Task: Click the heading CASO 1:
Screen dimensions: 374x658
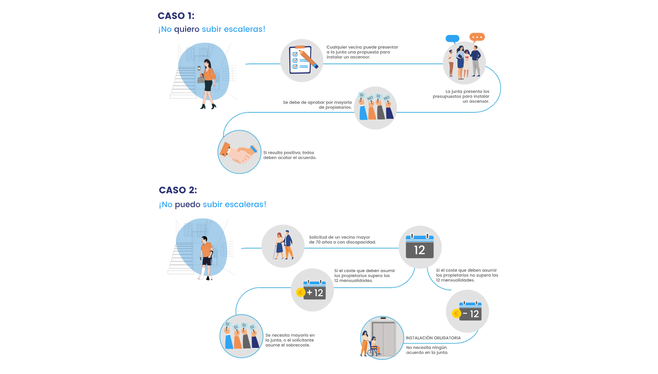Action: pyautogui.click(x=176, y=16)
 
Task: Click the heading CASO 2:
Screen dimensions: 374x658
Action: pyautogui.click(x=178, y=190)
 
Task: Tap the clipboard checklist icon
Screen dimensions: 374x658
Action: pyautogui.click(x=302, y=61)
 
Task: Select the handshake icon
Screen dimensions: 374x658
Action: pyautogui.click(x=240, y=152)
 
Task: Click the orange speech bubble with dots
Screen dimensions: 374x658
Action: pyautogui.click(x=477, y=37)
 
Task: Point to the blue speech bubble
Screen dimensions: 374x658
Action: pyautogui.click(x=453, y=39)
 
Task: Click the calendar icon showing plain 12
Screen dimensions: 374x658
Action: pyautogui.click(x=420, y=247)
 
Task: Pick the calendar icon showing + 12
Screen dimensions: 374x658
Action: pyautogui.click(x=315, y=290)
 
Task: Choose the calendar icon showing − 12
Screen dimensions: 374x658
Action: pyautogui.click(x=470, y=311)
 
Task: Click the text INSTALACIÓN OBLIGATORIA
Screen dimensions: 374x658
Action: pyautogui.click(x=433, y=338)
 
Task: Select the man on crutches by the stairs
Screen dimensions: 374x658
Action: pyautogui.click(x=206, y=257)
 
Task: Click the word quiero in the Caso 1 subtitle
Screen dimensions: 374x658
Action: pyautogui.click(x=187, y=29)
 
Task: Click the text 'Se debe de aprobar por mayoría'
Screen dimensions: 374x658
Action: pyautogui.click(x=317, y=102)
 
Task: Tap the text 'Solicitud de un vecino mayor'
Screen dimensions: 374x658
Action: pyautogui.click(x=340, y=237)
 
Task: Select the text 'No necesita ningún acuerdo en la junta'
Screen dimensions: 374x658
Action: pyautogui.click(x=427, y=350)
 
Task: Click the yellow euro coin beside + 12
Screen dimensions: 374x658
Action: pyautogui.click(x=301, y=292)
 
